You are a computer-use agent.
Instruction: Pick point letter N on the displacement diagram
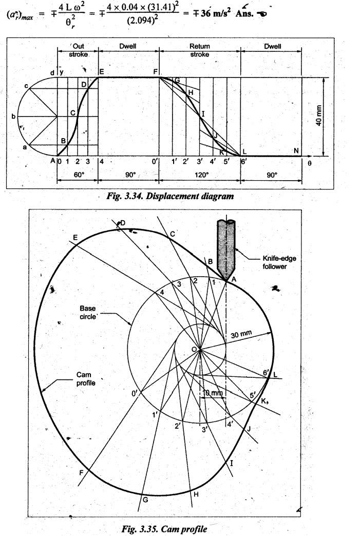(297, 149)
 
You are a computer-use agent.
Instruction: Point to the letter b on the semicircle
(13, 117)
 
